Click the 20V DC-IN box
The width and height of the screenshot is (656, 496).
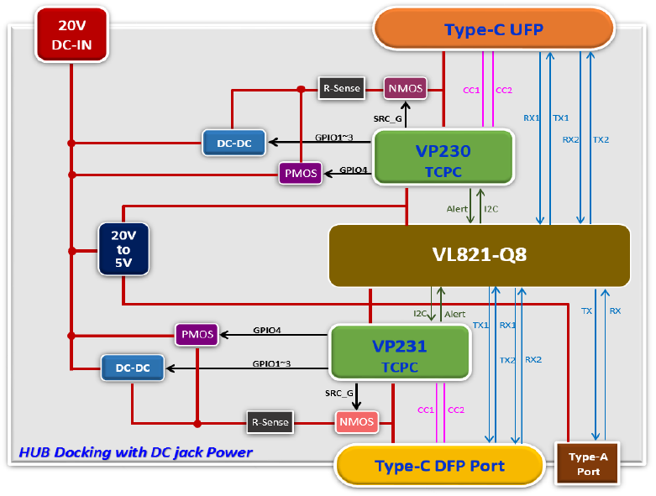[71, 35]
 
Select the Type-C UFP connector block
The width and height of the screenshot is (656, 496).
[494, 29]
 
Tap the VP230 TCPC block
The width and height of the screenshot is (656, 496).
[443, 157]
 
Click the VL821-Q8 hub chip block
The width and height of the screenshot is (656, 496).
[480, 255]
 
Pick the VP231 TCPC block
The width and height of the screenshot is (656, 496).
[401, 352]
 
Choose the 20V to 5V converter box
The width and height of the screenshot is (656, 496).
[123, 249]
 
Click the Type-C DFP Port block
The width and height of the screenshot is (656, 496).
[439, 466]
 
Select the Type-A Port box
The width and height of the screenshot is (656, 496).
[588, 464]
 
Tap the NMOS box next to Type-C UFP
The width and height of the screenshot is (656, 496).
[406, 88]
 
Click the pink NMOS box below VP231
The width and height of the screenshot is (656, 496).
[356, 422]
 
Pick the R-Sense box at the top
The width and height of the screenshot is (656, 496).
[341, 88]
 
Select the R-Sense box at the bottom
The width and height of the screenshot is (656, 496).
[270, 422]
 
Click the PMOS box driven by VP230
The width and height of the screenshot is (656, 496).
[301, 173]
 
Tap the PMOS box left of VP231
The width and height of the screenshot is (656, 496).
[197, 334]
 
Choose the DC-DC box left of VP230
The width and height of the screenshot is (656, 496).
[234, 143]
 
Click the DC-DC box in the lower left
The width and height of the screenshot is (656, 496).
[133, 368]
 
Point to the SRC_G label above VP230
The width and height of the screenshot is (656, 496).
[387, 118]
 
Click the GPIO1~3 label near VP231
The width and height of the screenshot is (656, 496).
[271, 363]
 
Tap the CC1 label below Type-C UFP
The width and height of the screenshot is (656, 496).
[471, 91]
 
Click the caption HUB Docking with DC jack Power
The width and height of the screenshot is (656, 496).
[135, 452]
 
